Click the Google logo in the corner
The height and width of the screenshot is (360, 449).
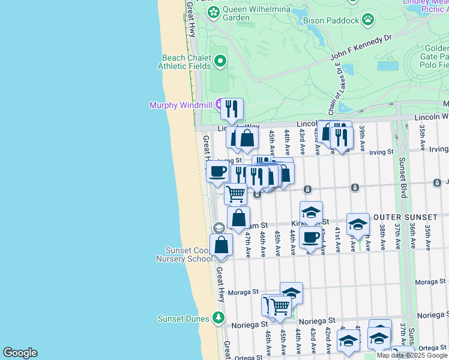[20, 353]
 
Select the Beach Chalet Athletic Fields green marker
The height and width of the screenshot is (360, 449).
[220, 60]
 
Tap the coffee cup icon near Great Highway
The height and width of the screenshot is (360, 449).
[217, 171]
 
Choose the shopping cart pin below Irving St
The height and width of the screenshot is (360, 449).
[235, 193]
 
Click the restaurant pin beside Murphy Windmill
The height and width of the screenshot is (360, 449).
[232, 109]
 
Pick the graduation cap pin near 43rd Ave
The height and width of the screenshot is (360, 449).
[311, 212]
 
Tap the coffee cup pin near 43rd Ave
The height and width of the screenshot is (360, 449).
[310, 236]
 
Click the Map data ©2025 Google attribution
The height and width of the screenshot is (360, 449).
[412, 355]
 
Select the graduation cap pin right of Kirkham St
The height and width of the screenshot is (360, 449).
[358, 224]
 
